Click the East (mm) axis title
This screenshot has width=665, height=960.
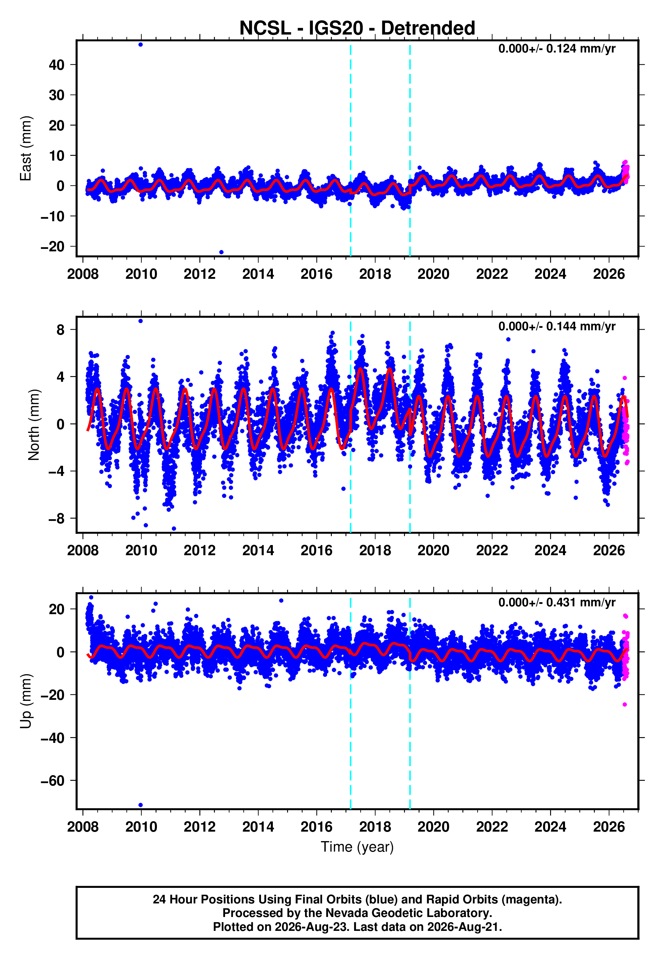pyautogui.click(x=26, y=149)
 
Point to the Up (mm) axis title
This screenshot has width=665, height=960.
pyautogui.click(x=26, y=702)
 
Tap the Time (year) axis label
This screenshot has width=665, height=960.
pyautogui.click(x=357, y=847)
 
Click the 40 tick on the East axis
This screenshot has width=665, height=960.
pyautogui.click(x=57, y=65)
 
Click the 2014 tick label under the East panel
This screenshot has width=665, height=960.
pyautogui.click(x=258, y=274)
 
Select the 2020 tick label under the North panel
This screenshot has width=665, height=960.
pyautogui.click(x=433, y=550)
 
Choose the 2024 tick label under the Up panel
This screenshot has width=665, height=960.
pyautogui.click(x=550, y=827)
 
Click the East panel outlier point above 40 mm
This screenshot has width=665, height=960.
pyautogui.click(x=141, y=44)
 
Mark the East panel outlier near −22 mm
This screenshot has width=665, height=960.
pyautogui.click(x=221, y=252)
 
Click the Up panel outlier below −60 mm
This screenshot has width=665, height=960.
pyautogui.click(x=141, y=805)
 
